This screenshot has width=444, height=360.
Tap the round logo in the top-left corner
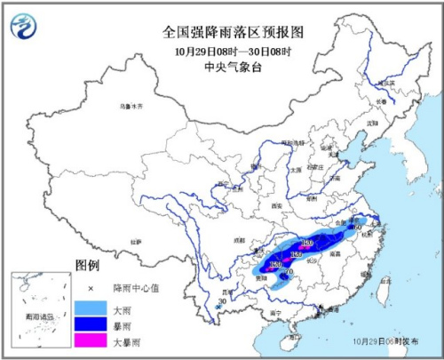click(x=28, y=28)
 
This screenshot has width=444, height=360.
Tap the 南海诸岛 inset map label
click(x=36, y=315)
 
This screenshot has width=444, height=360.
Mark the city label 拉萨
click(x=135, y=241)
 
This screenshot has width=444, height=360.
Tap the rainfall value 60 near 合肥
click(x=357, y=228)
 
